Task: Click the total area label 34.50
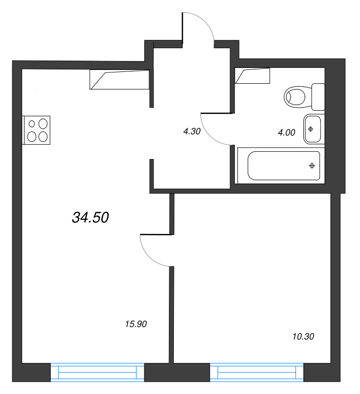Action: pos(90,217)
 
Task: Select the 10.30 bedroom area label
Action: pos(303,337)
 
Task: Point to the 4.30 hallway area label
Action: pos(192,131)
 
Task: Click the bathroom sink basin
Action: pos(312,129)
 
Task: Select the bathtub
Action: pos(284,165)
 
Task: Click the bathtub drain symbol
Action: pos(311,165)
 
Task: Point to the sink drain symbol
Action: pos(311,129)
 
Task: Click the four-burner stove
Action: pos(36,130)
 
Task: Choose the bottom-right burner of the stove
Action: pos(43,136)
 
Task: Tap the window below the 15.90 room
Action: pos(97,372)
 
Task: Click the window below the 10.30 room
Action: pos(257,372)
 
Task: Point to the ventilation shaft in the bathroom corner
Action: pos(253,76)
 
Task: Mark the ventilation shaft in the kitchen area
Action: pos(119,79)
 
